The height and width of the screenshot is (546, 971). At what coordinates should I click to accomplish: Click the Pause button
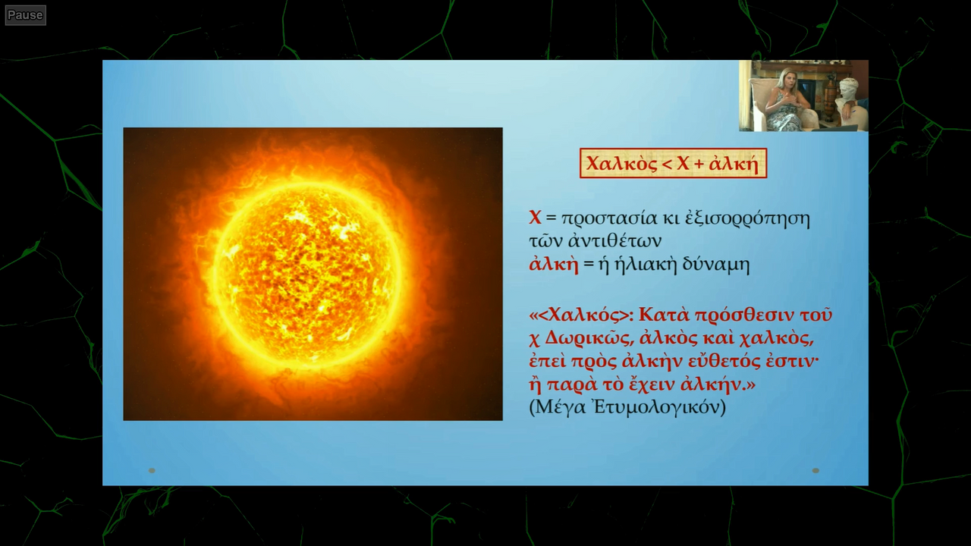click(x=25, y=15)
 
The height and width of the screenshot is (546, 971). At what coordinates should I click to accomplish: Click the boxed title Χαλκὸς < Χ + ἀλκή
click(x=673, y=163)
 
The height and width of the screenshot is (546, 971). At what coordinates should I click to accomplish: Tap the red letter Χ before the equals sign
click(x=535, y=218)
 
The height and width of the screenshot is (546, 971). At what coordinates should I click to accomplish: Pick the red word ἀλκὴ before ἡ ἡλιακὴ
click(x=554, y=264)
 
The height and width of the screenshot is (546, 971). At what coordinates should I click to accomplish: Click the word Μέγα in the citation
click(x=561, y=408)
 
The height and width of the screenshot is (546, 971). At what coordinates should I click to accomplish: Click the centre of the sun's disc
click(x=307, y=275)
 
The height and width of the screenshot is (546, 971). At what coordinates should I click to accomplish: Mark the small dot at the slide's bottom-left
click(x=152, y=471)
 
